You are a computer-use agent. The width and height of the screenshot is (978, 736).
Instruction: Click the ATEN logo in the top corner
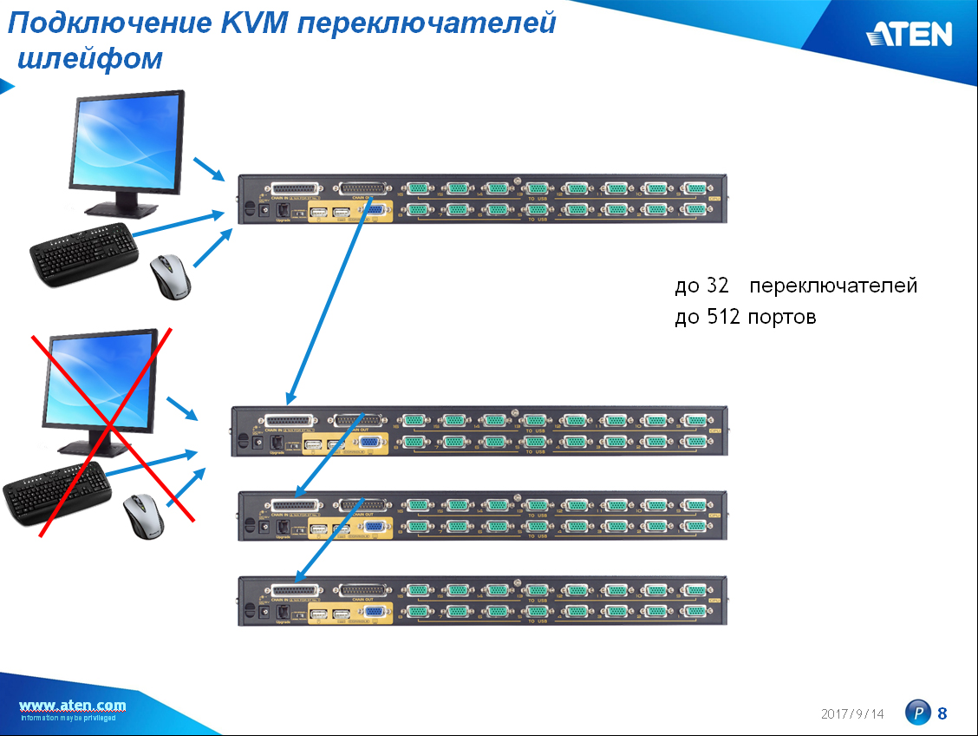click(909, 34)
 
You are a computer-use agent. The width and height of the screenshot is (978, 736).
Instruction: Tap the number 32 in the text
click(718, 286)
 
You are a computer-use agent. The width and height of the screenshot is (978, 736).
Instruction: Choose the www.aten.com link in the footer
click(72, 705)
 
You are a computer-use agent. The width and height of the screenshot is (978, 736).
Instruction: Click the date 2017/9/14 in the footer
click(852, 713)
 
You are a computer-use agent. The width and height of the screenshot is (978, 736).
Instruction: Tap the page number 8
click(942, 713)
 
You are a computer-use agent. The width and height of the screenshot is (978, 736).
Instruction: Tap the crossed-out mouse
click(140, 516)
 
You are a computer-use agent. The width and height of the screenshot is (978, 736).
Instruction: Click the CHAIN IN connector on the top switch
click(295, 188)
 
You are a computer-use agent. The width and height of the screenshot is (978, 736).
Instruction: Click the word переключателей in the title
click(426, 23)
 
